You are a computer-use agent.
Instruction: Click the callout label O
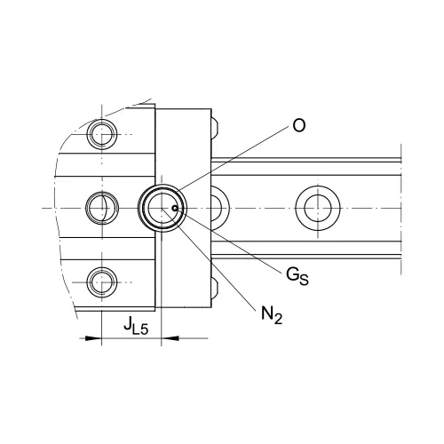[x=298, y=125]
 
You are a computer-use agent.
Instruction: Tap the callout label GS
[x=297, y=276]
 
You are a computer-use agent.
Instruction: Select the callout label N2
[x=272, y=314]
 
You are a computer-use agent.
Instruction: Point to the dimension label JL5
[x=136, y=326]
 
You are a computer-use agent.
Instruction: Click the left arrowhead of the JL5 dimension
[x=93, y=338]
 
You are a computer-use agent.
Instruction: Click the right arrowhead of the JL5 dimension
[x=170, y=338]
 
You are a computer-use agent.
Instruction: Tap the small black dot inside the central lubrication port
[x=175, y=209]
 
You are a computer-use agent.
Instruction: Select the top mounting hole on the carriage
[x=102, y=134]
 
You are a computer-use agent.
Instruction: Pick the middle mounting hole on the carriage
[x=102, y=208]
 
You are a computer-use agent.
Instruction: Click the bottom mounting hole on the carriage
[x=102, y=282]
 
